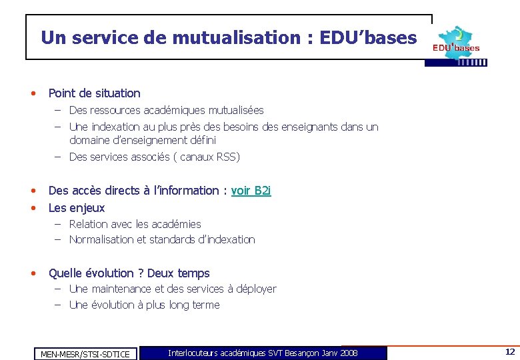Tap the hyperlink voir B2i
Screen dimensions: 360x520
click(251, 191)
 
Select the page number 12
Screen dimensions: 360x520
click(509, 352)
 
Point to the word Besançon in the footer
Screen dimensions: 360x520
click(301, 353)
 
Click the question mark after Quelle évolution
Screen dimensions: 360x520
click(140, 273)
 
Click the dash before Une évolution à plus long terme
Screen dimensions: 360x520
click(58, 305)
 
